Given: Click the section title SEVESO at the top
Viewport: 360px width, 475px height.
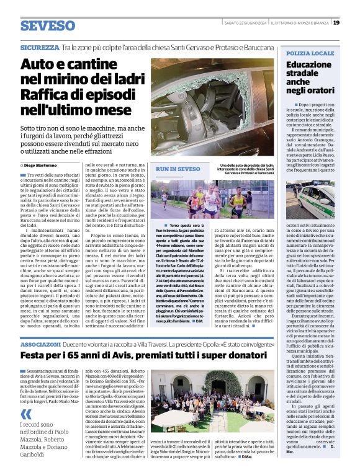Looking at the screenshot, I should tap(47, 26).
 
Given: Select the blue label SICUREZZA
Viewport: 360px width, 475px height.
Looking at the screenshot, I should tap(40, 47).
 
